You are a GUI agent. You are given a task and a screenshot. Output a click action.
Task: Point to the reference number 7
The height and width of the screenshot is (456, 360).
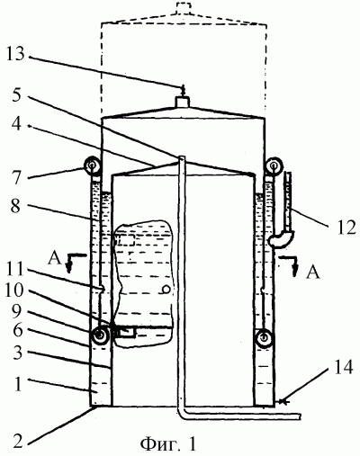pos(16,179)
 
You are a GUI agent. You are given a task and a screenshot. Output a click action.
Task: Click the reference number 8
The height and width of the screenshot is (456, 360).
pos(16,207)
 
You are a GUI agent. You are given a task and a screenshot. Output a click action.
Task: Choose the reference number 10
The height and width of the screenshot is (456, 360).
pos(14,291)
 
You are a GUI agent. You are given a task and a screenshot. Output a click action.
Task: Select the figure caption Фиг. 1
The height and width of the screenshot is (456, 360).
pos(168,443)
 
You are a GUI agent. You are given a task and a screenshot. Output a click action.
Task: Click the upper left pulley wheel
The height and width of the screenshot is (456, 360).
pos(92,165)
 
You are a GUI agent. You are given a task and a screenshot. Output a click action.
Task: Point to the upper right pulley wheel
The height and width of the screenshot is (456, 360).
pos(274,165)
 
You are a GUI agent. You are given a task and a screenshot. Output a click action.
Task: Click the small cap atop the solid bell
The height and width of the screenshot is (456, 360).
pos(182,102)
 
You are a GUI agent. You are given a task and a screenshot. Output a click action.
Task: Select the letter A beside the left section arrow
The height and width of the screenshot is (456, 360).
pos(54,259)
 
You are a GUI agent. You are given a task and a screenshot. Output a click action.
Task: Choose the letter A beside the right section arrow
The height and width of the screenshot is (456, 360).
pos(312,273)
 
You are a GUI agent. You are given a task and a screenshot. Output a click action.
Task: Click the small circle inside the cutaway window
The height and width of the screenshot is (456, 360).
pos(166,290)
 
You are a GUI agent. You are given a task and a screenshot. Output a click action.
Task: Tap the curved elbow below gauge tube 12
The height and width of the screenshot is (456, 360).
pos(282,239)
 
